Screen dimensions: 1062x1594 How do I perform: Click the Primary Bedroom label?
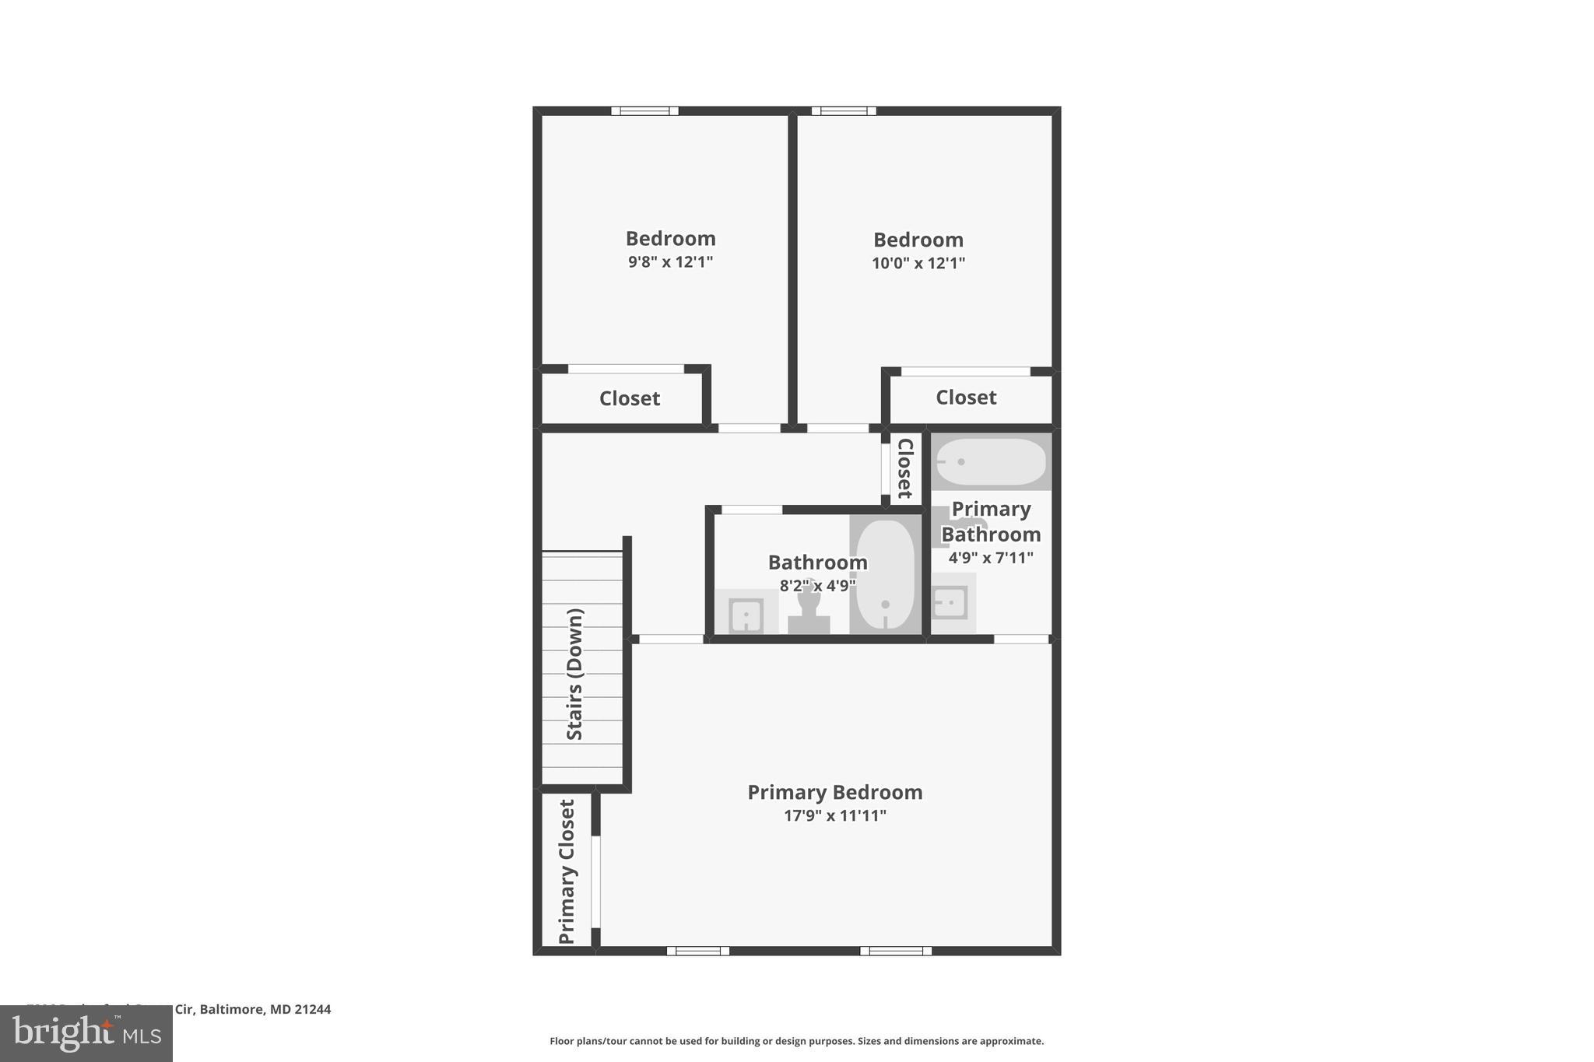[834, 792]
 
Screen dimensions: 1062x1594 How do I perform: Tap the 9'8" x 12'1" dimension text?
[670, 261]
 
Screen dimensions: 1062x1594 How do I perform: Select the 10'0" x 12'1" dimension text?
[918, 263]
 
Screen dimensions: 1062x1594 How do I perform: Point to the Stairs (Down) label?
[574, 674]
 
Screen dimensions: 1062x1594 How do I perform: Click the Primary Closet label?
[567, 871]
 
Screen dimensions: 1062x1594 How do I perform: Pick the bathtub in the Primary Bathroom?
[990, 461]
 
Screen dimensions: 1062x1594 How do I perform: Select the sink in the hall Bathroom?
[746, 615]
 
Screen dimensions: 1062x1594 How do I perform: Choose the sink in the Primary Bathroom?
[950, 602]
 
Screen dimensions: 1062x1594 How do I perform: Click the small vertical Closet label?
[904, 468]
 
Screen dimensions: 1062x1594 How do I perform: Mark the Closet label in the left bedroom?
[629, 398]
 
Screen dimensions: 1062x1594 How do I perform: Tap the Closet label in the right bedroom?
[965, 398]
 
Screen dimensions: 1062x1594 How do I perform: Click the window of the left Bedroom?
[644, 110]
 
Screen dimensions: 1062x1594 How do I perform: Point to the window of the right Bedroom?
[844, 110]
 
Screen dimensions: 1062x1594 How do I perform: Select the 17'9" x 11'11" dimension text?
[834, 815]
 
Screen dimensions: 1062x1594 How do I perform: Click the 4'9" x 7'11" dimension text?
[990, 558]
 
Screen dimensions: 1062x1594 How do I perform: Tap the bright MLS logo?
[86, 1033]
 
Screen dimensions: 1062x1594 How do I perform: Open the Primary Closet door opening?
[596, 881]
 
